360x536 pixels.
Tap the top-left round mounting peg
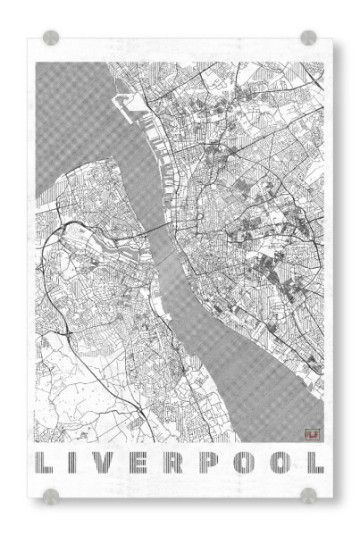point(52,38)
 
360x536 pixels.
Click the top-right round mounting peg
point(308,38)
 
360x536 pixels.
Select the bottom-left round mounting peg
point(52,494)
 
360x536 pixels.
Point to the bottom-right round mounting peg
point(308,494)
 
